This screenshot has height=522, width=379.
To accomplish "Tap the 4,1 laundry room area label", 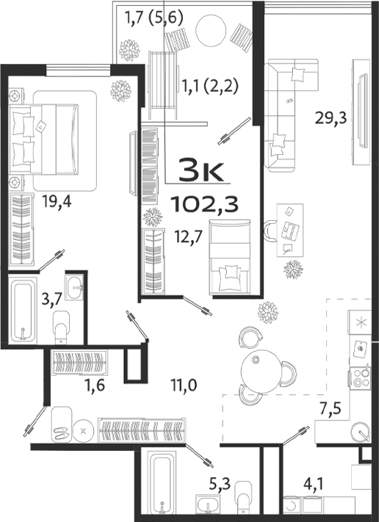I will (x=317, y=485).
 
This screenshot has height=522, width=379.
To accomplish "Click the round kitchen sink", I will (x=360, y=432).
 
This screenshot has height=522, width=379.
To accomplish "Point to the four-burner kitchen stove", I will (x=361, y=379).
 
